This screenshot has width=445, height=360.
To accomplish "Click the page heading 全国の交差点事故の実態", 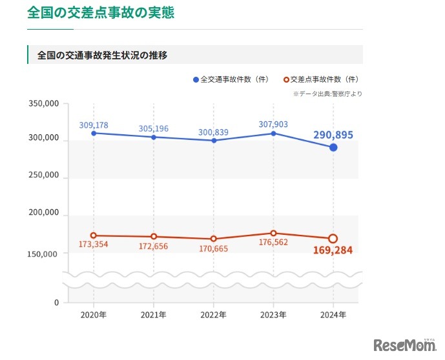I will [100, 12].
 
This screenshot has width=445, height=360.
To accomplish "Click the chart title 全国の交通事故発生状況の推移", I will [103, 55].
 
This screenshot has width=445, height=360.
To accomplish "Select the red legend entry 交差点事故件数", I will [320, 79].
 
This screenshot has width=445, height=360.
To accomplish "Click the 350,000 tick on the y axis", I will [44, 103].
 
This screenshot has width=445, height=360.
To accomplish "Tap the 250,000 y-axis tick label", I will [44, 175].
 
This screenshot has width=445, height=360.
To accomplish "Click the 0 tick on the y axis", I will [56, 303].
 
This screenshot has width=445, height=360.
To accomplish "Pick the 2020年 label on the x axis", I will [94, 315].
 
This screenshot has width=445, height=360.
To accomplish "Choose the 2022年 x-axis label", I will [213, 315].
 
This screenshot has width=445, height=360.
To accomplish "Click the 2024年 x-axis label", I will [333, 315].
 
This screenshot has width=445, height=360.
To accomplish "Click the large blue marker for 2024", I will [333, 148].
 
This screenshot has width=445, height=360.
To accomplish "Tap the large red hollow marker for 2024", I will [333, 239].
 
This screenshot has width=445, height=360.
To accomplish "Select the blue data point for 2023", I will [273, 134].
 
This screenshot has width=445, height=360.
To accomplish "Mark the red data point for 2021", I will [153, 237].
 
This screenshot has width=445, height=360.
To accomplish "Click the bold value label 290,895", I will [333, 135].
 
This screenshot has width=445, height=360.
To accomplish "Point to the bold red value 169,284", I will [333, 251].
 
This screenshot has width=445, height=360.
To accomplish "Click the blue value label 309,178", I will [94, 125].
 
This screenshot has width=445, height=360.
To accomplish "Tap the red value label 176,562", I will [273, 243].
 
